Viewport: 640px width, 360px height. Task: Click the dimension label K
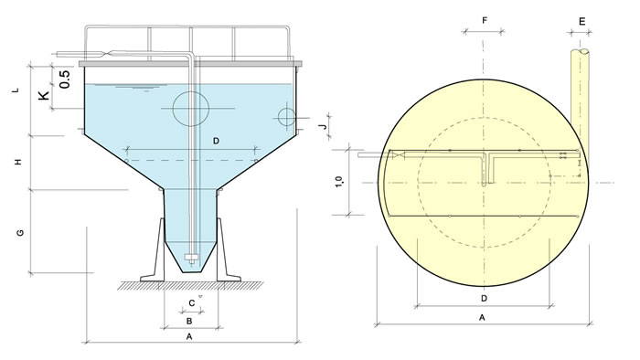point(44,95)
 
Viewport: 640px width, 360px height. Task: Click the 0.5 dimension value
point(65,79)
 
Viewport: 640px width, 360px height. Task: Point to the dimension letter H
point(17,162)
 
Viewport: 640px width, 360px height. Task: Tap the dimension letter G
point(19,233)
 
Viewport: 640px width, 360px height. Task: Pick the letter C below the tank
point(191,303)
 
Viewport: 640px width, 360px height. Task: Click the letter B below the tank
point(189,322)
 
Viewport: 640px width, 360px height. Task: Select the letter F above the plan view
point(485,20)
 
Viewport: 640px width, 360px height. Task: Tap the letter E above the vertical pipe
point(582,21)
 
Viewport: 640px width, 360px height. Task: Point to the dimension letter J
point(324,126)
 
